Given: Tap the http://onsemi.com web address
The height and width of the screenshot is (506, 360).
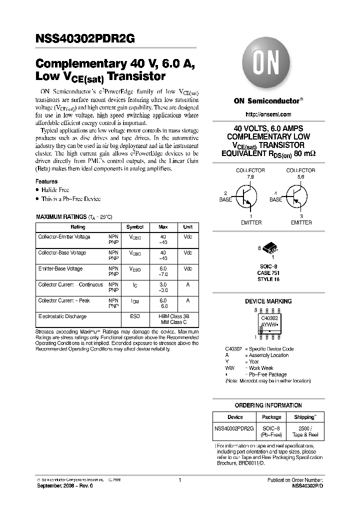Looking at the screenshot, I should point(268,114).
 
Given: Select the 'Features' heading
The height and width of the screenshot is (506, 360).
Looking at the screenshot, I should point(46,181).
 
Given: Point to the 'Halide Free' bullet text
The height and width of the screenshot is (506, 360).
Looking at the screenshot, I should point(55,190).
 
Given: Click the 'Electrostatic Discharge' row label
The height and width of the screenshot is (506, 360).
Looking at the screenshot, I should point(62,316).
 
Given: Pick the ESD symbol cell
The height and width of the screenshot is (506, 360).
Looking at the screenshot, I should point(134,316).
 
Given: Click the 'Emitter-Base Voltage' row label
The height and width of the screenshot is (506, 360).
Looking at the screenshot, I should point(62,268).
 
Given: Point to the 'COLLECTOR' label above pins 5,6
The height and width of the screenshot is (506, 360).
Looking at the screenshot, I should point(300,170).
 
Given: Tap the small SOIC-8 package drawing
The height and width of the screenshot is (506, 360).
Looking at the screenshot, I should point(268,250).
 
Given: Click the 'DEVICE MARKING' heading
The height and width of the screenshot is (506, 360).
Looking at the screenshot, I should point(268,301).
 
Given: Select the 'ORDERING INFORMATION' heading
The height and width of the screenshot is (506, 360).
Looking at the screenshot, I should point(268,405).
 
